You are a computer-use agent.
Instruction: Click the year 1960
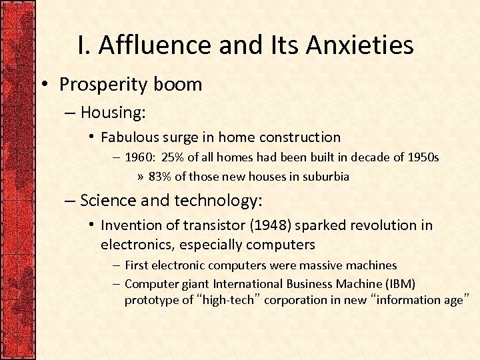click(139, 157)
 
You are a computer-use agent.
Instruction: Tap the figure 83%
click(160, 177)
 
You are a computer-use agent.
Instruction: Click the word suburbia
click(326, 177)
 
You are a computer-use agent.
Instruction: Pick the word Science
click(105, 199)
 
